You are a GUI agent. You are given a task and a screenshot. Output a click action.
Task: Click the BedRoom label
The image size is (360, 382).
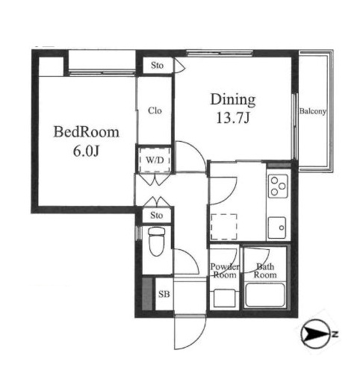click(86, 132)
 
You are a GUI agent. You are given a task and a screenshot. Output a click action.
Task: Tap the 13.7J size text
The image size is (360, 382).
click(233, 118)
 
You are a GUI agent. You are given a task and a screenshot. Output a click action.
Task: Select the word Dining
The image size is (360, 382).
click(233, 100)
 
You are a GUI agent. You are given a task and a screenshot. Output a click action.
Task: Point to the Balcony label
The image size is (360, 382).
click(312, 111)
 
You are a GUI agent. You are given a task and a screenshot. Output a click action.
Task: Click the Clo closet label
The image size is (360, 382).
click(155, 110)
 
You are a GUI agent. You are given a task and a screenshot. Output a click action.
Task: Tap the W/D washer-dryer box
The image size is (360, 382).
click(155, 160)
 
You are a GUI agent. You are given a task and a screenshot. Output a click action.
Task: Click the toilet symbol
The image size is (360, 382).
click(157, 242)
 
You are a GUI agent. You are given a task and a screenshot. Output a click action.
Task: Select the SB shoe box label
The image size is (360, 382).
click(164, 294)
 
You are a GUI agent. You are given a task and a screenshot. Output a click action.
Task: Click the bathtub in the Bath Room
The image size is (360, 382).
click(265, 295)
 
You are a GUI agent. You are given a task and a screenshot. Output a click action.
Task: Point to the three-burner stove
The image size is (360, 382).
click(278, 186)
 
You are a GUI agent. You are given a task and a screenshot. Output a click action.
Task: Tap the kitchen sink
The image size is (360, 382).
click(277, 228)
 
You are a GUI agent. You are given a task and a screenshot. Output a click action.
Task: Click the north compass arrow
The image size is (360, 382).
click(315, 334)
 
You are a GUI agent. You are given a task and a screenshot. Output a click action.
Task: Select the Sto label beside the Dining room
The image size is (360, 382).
click(157, 66)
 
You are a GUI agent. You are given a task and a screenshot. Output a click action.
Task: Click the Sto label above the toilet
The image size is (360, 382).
click(156, 216)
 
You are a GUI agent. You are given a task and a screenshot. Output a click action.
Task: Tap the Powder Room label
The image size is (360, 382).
click(225, 271)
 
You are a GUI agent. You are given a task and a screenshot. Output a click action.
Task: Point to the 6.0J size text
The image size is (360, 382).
click(86, 151)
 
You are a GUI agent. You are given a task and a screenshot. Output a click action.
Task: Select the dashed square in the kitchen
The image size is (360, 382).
click(223, 227)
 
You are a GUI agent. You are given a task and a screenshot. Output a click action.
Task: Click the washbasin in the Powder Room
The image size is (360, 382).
click(224, 298)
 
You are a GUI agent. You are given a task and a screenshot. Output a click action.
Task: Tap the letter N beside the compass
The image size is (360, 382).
click(335, 334)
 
